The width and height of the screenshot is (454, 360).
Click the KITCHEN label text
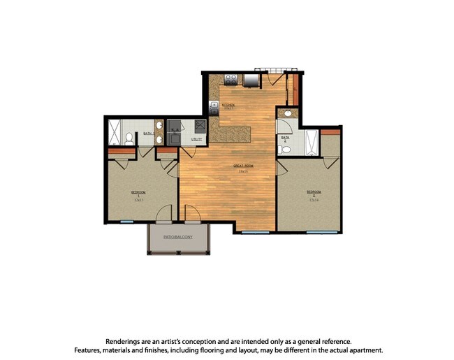228,106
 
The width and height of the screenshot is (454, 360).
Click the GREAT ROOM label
243,166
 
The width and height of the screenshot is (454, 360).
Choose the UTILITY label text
197,139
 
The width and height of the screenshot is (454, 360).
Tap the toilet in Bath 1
129,138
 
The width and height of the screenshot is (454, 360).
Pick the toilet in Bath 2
284,148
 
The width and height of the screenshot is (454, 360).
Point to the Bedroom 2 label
313,192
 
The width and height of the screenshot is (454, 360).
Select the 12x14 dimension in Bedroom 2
313,199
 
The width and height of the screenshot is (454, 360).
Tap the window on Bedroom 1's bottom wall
126,222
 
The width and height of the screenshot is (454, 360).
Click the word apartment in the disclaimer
362,350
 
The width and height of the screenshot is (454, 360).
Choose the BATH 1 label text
148,133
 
